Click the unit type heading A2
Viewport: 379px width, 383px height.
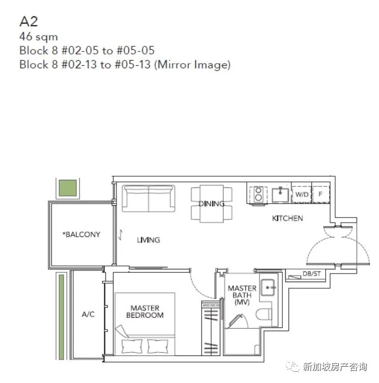pos(28,21)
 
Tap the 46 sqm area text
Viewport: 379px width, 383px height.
pos(39,37)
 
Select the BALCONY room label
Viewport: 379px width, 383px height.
pos(81,234)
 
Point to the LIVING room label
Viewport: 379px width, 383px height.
pos(149,240)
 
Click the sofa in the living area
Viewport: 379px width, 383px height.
pos(149,198)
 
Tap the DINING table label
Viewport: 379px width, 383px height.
pos(211,204)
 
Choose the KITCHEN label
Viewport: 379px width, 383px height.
pos(287,218)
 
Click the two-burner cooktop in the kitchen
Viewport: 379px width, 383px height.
pos(258,194)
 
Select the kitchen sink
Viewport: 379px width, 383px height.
pos(280,195)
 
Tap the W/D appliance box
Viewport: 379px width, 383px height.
pos(302,195)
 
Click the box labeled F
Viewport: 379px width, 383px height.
pos(321,195)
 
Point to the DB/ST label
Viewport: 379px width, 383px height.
pos(311,274)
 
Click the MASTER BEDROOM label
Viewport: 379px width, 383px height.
pos(145,311)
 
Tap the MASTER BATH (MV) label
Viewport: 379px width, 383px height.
pos(242,295)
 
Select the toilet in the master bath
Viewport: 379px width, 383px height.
pos(264,314)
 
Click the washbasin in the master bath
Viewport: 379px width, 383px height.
pos(268,287)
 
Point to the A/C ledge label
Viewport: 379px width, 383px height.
pos(88,314)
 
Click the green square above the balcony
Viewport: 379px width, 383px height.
pos(68,188)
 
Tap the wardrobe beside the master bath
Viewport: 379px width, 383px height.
pos(211,328)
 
